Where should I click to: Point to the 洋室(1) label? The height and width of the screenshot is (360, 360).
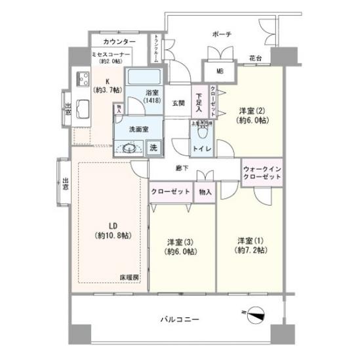250,245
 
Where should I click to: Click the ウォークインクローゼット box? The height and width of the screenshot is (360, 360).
262,172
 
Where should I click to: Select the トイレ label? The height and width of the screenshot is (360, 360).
199,148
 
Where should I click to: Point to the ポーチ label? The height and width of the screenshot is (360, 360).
220,34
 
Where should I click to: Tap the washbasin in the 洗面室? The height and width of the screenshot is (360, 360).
129,148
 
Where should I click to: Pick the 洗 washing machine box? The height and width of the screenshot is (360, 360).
153,147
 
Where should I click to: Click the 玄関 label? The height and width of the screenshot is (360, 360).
178,103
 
